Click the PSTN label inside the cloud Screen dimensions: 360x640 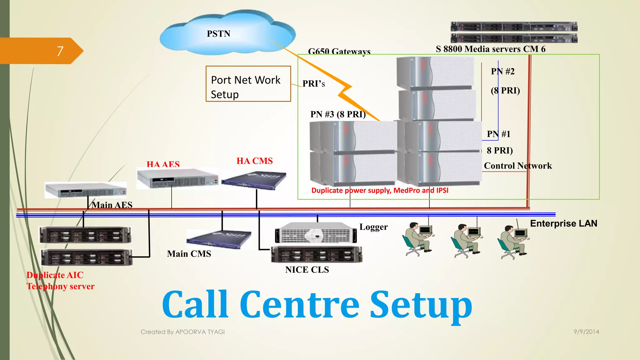(x=218, y=34)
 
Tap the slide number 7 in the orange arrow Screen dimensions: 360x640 (x=60, y=51)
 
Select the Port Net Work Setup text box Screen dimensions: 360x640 (x=248, y=84)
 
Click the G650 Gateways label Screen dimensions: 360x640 (x=339, y=51)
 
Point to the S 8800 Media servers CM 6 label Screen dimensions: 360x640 (x=490, y=49)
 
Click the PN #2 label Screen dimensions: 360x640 (x=502, y=71)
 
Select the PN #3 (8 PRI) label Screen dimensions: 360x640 (x=338, y=114)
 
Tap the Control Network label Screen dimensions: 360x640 (x=517, y=166)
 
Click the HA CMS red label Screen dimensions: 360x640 (x=254, y=161)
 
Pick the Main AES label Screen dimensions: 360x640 (x=112, y=205)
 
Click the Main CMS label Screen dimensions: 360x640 (x=189, y=254)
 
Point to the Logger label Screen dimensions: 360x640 (x=373, y=227)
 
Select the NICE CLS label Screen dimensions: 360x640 (x=307, y=270)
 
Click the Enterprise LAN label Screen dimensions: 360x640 (x=563, y=223)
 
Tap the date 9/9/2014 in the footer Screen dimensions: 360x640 (x=586, y=332)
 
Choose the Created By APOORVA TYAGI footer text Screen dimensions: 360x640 (x=182, y=332)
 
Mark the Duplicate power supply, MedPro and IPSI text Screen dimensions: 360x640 (x=380, y=190)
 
